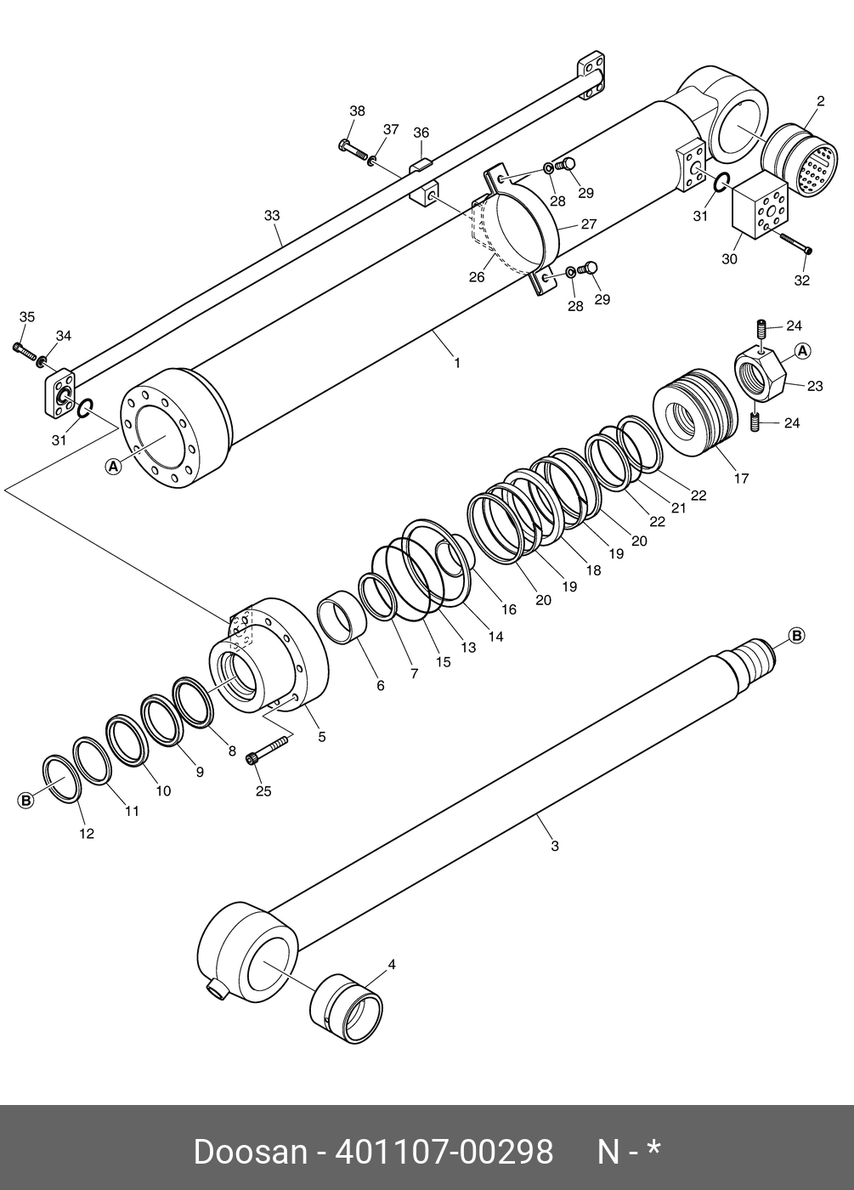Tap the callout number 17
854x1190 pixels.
click(741, 479)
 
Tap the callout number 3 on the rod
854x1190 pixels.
click(555, 846)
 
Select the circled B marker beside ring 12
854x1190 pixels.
click(26, 800)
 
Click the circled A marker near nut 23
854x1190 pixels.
click(802, 350)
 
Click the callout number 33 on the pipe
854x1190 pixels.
click(271, 216)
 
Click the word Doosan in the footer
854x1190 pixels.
click(250, 1152)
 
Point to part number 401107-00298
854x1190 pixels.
click(444, 1152)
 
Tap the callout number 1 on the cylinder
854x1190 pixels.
click(457, 363)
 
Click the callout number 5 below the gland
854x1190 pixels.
click(321, 737)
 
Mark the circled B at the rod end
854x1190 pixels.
click(796, 635)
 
